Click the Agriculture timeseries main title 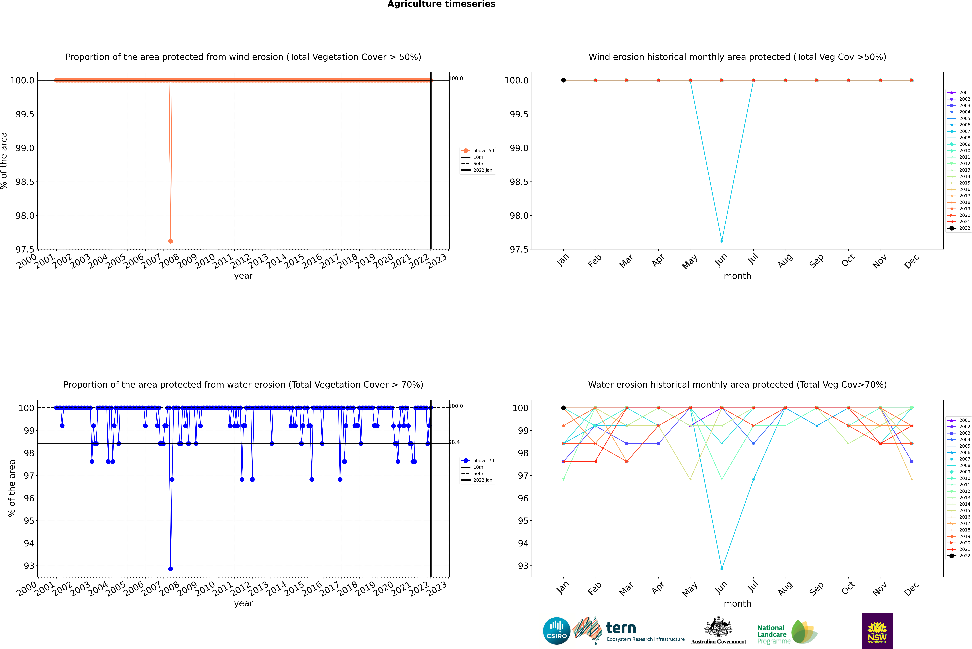coord(441,4)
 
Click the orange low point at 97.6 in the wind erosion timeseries coord(171,241)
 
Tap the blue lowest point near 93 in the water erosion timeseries coord(171,569)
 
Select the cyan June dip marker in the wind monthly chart coord(722,241)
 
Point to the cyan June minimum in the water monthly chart coord(722,569)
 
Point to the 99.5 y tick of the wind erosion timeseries coord(25,114)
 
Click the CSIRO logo coord(556,631)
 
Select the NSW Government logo coord(877,631)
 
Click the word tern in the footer coord(621,628)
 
